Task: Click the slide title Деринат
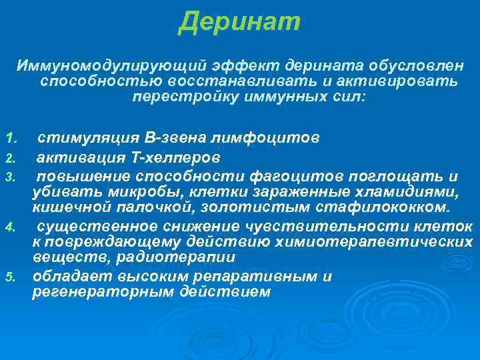(240, 22)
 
